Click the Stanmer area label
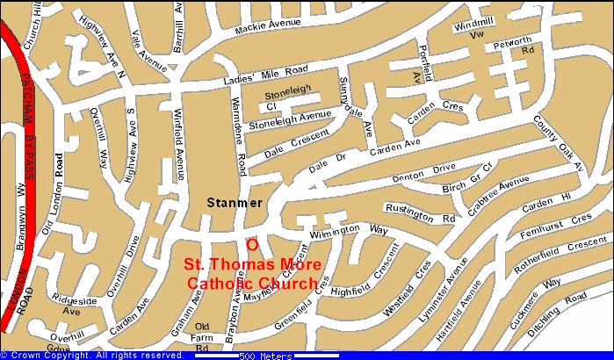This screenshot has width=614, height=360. (234, 203)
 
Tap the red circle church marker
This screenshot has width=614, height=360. (252, 245)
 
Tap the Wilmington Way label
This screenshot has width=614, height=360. (359, 229)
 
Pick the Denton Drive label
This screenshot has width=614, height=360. (426, 171)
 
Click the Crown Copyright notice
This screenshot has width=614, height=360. (92, 355)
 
